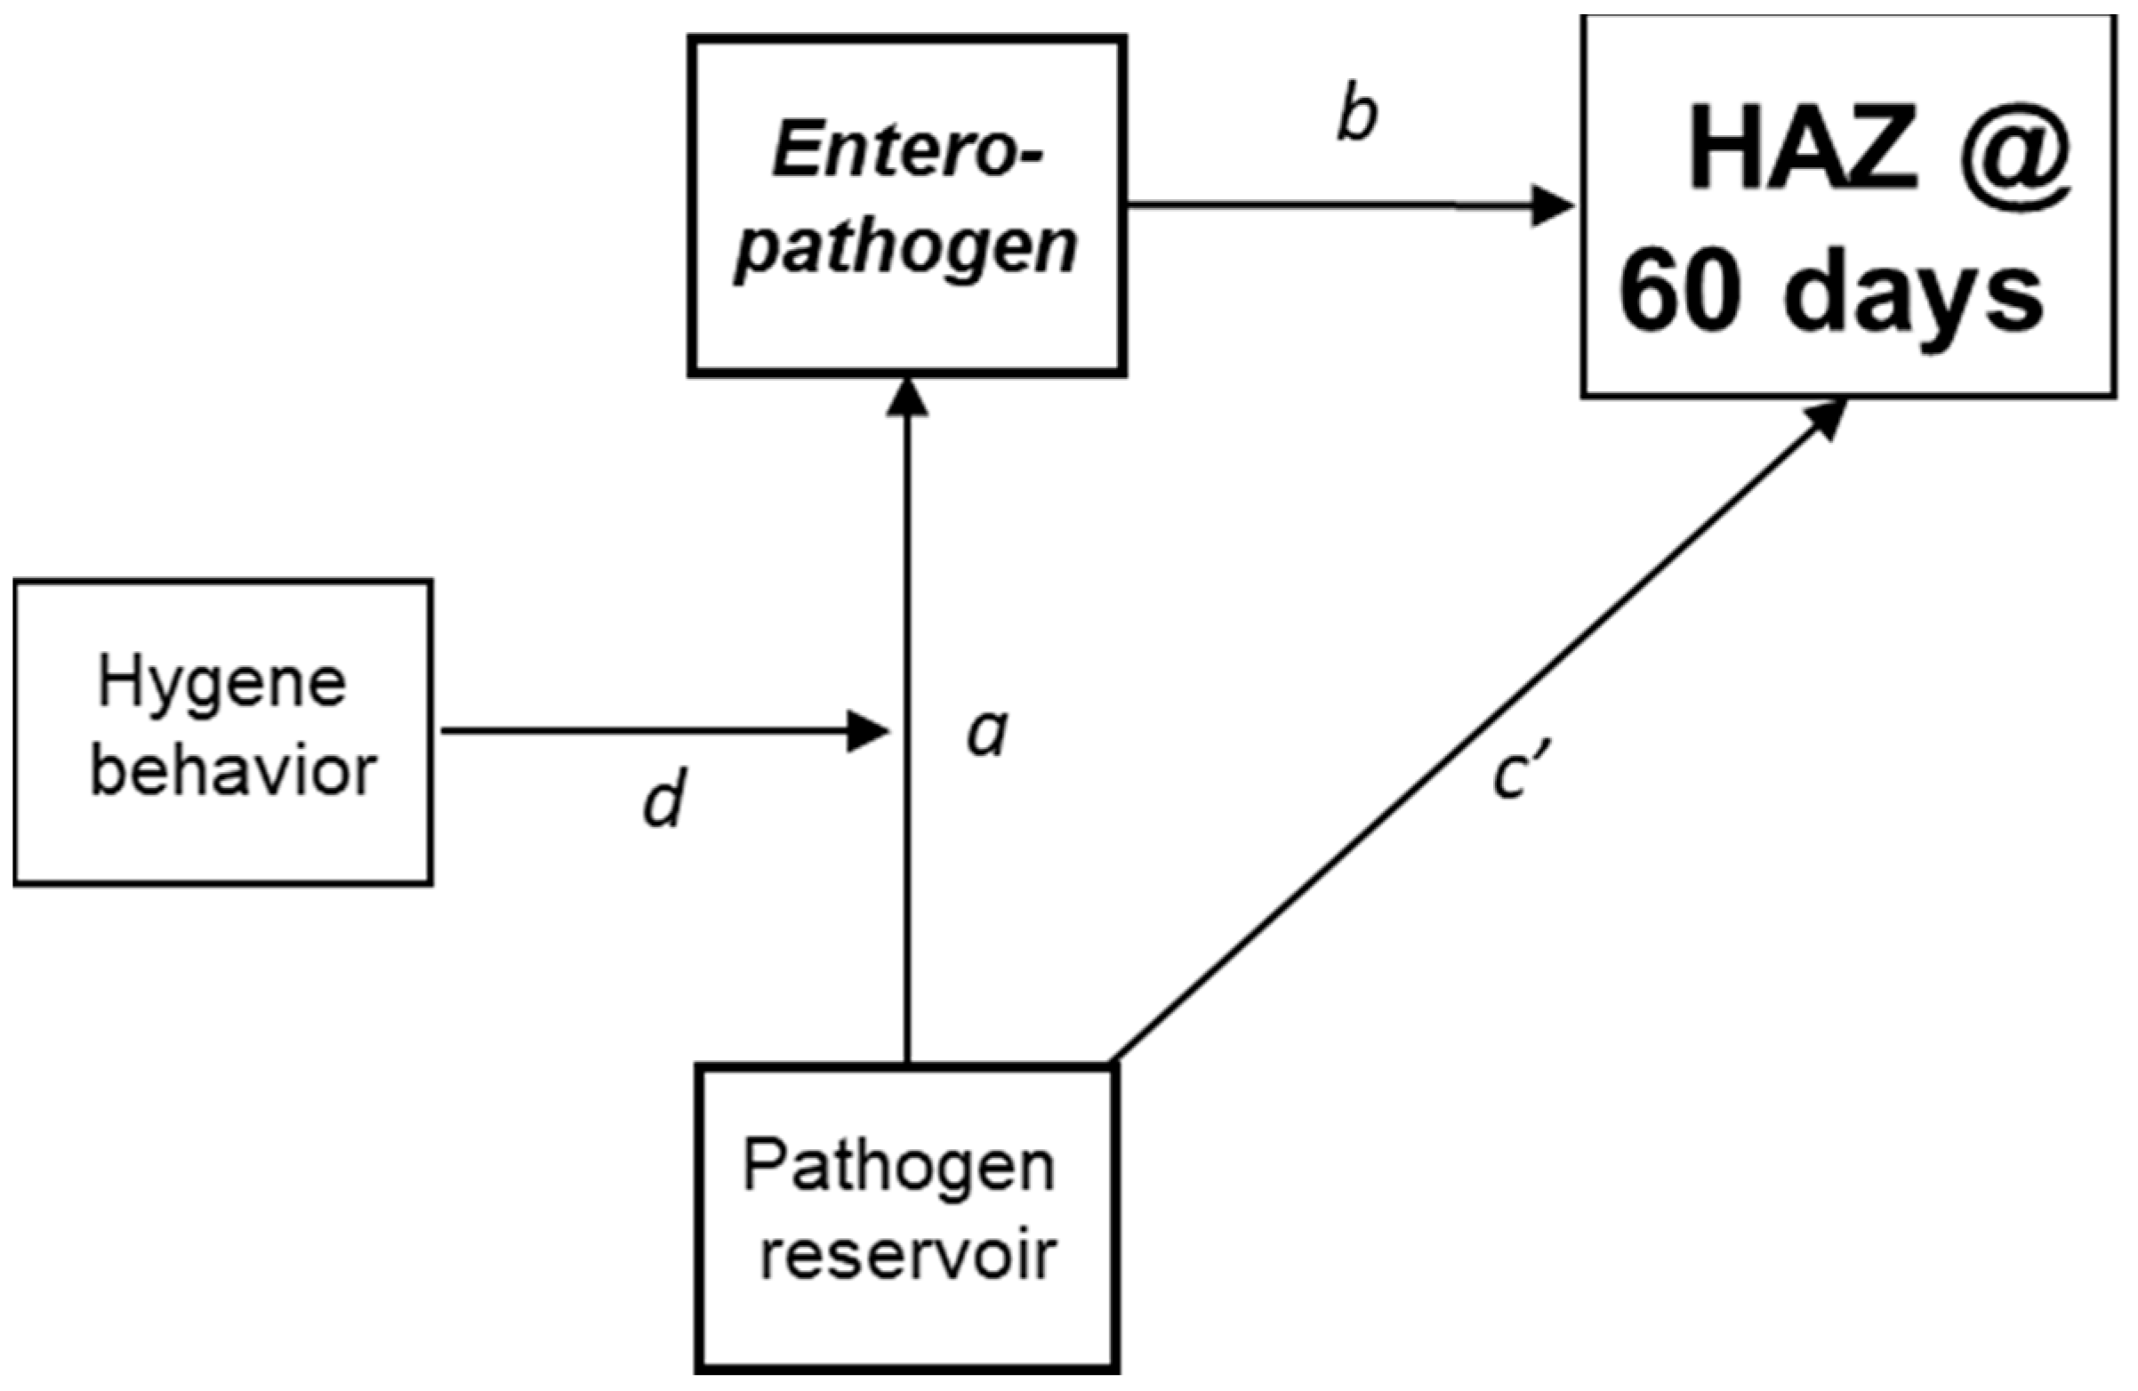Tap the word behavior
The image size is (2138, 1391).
[x=234, y=771]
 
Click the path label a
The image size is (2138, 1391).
[x=988, y=732]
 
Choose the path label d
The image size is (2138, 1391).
[x=664, y=800]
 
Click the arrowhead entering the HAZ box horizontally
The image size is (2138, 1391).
[x=1552, y=206]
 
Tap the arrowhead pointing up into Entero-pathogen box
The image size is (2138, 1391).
[x=907, y=398]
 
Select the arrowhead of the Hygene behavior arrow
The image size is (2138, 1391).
[x=868, y=731]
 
